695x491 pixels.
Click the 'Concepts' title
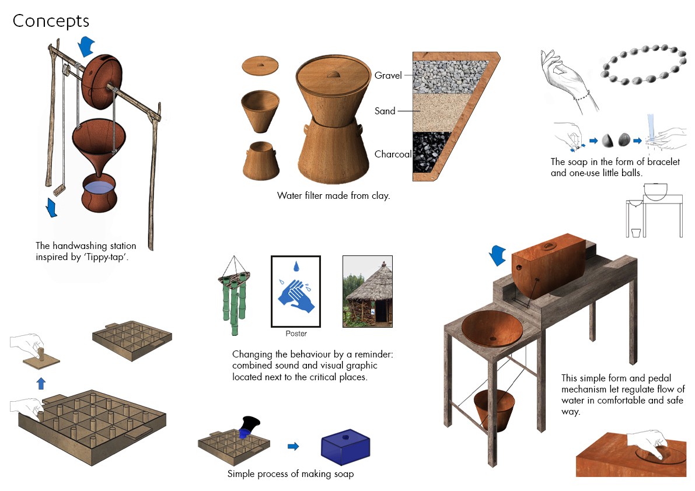pyautogui.click(x=51, y=21)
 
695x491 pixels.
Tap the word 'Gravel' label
pyautogui.click(x=388, y=75)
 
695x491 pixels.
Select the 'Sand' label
pyautogui.click(x=385, y=111)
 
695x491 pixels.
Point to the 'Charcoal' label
pyautogui.click(x=393, y=154)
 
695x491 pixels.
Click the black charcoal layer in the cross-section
pyautogui.click(x=431, y=152)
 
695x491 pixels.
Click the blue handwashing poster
pyautogui.click(x=296, y=292)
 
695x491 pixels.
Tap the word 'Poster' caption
pyautogui.click(x=296, y=334)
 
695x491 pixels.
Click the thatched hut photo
pyautogui.click(x=368, y=292)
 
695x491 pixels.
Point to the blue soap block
pyautogui.click(x=345, y=447)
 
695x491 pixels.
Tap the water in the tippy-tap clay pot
pyautogui.click(x=99, y=187)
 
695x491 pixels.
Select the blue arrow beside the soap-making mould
pyautogui.click(x=293, y=446)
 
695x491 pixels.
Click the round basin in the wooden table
pyautogui.click(x=492, y=328)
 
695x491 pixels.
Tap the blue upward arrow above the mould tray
pyautogui.click(x=41, y=383)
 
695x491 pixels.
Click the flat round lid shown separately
pyautogui.click(x=260, y=65)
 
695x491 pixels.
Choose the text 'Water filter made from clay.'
pyautogui.click(x=333, y=196)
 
